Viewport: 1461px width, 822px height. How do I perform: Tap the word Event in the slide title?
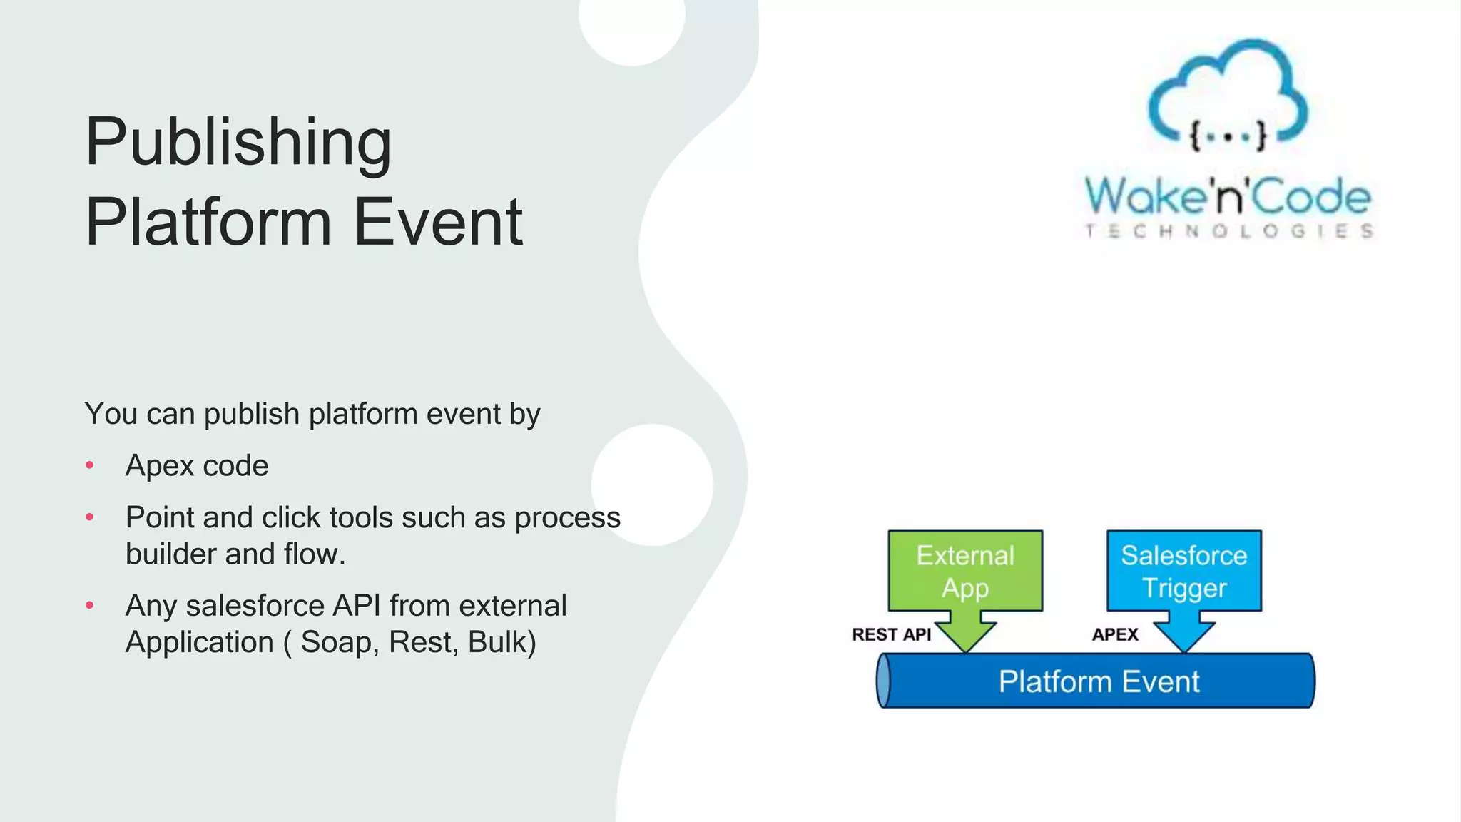pyautogui.click(x=438, y=223)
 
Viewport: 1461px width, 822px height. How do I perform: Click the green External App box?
pyautogui.click(x=965, y=571)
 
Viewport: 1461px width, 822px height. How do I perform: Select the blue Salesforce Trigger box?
pyautogui.click(x=1183, y=571)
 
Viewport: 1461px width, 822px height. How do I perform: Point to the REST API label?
pyautogui.click(x=891, y=634)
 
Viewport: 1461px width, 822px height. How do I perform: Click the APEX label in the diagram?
pyautogui.click(x=1114, y=634)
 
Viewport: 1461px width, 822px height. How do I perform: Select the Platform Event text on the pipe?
pyautogui.click(x=1099, y=681)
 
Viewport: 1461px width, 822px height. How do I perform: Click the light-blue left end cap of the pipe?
pyautogui.click(x=884, y=681)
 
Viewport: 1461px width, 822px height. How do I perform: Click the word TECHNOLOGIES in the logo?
pyautogui.click(x=1228, y=231)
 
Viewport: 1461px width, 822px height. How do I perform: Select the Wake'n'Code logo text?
pyautogui.click(x=1227, y=196)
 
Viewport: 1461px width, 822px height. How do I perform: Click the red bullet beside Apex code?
pyautogui.click(x=90, y=466)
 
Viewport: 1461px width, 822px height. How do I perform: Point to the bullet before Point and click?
pyautogui.click(x=90, y=517)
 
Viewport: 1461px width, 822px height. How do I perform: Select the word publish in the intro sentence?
pyautogui.click(x=252, y=415)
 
